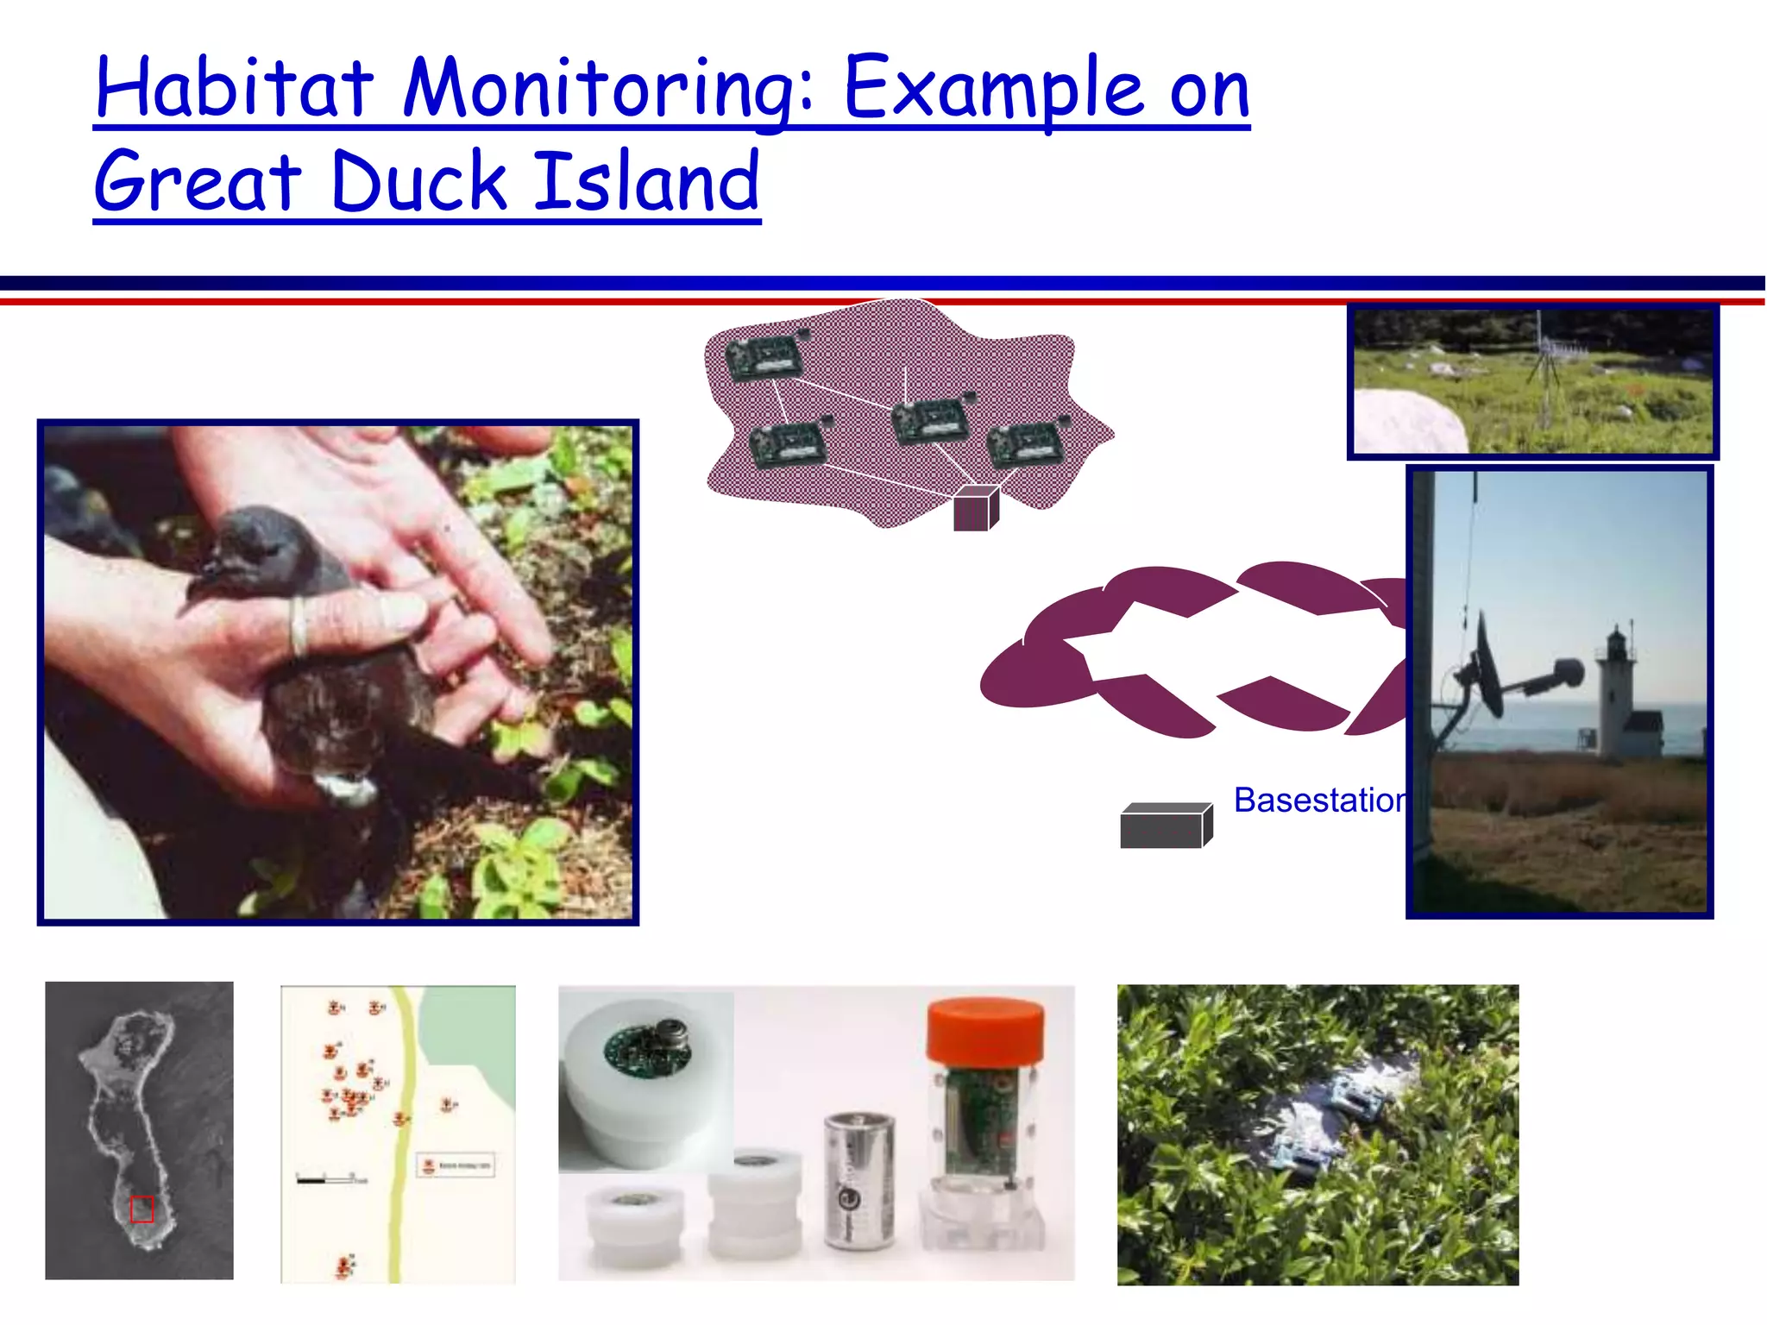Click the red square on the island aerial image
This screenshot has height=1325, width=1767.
(141, 1209)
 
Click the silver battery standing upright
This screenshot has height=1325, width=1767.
(859, 1180)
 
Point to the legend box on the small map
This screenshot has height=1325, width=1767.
(456, 1165)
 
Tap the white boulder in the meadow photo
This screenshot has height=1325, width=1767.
(1408, 421)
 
